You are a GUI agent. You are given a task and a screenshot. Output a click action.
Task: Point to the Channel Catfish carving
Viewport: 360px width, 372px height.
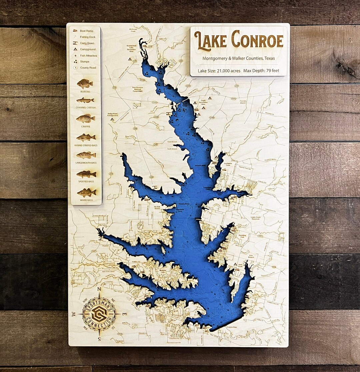[85, 100]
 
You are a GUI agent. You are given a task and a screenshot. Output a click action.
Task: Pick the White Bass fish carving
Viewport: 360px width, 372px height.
[86, 192]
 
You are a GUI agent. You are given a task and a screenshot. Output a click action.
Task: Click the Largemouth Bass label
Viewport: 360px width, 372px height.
[86, 163]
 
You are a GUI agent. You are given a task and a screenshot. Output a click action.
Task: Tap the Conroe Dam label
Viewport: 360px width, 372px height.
[232, 327]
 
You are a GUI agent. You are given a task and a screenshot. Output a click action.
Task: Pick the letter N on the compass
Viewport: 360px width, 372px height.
[99, 289]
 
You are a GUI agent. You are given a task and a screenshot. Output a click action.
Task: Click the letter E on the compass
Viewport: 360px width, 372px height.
[124, 314]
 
